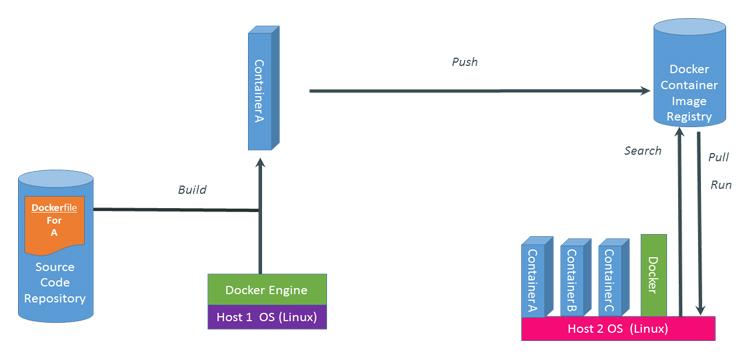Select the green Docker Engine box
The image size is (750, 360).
[266, 290]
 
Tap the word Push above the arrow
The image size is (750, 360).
[464, 62]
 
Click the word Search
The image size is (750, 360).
[642, 151]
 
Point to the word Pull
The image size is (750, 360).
[719, 158]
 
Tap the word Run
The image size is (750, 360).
[720, 185]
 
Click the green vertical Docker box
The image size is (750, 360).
[653, 273]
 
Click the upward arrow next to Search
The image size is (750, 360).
[680, 220]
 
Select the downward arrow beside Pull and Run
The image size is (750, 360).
[704, 220]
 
